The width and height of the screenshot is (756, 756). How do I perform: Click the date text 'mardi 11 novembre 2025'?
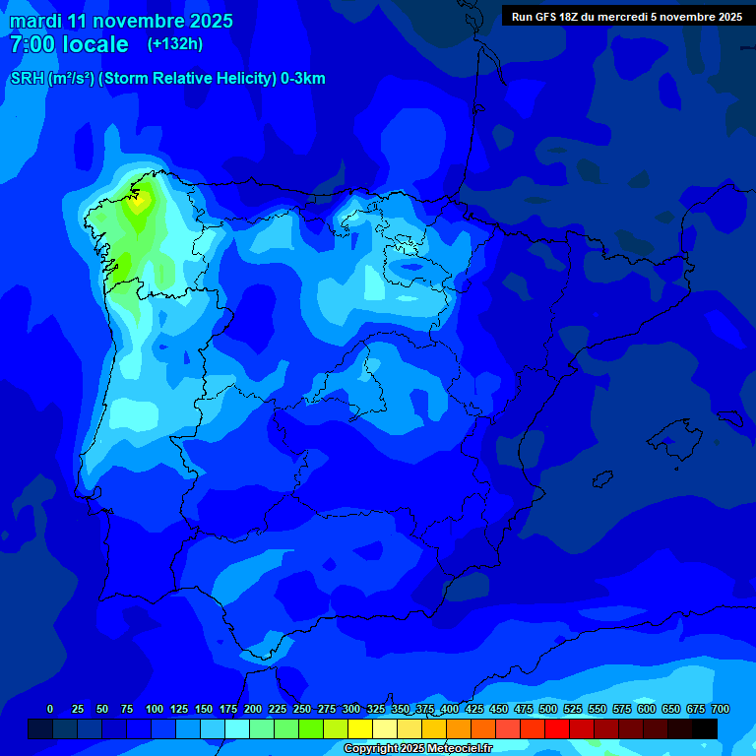(x=121, y=21)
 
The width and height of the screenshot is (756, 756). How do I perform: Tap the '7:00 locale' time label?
(x=69, y=44)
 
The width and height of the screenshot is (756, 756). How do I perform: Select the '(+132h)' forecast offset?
(x=174, y=44)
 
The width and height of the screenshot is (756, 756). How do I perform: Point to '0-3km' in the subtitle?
(x=303, y=79)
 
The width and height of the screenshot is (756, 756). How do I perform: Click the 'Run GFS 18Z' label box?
(x=626, y=16)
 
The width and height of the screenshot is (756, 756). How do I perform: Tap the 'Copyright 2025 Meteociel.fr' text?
(x=417, y=748)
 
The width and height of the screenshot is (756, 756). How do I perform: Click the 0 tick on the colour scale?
(x=50, y=709)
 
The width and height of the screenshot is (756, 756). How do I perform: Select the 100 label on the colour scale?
(x=155, y=709)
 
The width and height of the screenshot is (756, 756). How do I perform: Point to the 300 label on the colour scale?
(x=351, y=709)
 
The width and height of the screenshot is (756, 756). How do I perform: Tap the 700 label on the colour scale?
(x=720, y=709)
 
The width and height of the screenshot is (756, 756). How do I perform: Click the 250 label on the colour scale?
(x=302, y=709)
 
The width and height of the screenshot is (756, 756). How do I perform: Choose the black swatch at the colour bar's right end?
(x=704, y=728)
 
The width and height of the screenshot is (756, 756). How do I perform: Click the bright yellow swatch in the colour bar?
(x=359, y=728)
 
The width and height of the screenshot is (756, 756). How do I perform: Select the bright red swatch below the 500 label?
(x=556, y=728)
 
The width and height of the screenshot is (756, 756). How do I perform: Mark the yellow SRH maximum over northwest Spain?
(x=139, y=199)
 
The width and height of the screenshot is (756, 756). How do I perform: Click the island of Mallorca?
(x=676, y=434)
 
